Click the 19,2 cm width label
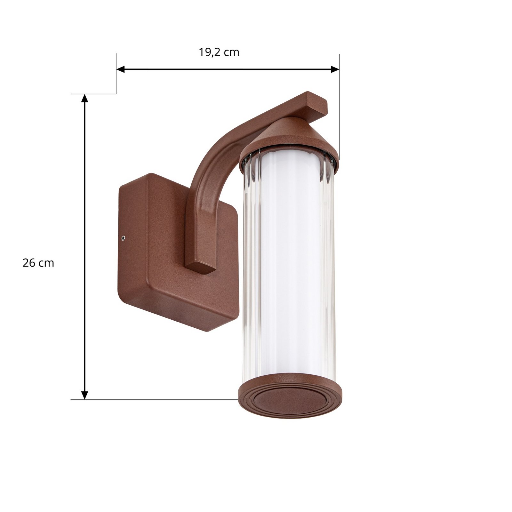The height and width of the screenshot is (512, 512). pyautogui.click(x=219, y=52)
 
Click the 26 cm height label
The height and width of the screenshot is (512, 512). pyautogui.click(x=38, y=263)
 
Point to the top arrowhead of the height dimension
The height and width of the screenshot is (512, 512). pyautogui.click(x=84, y=98)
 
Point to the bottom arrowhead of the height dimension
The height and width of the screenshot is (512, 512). pyautogui.click(x=84, y=395)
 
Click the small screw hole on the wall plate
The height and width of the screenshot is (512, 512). pyautogui.click(x=123, y=237)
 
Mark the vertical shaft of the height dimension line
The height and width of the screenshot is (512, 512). pyautogui.click(x=84, y=246)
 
